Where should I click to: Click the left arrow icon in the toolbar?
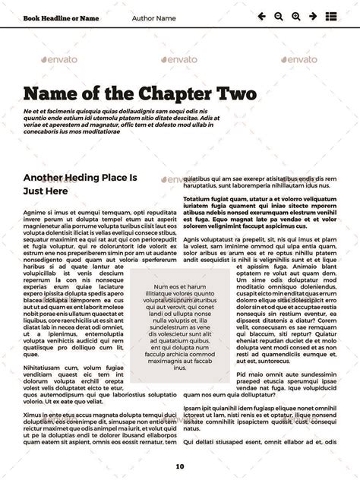[262, 16]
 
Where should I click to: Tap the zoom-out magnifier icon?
[279, 16]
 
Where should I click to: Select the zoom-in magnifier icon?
[295, 16]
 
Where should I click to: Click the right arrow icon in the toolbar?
[312, 16]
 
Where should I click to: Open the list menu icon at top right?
[331, 16]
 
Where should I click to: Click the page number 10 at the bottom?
[180, 466]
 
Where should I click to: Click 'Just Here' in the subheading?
[46, 192]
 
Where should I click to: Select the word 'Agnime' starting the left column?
[35, 213]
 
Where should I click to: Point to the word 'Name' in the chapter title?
[51, 94]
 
